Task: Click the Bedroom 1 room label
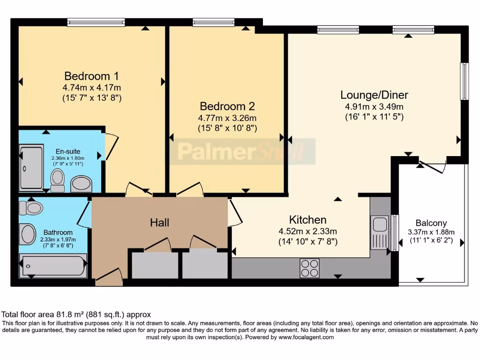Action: tap(91, 76)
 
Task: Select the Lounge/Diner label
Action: tap(374, 95)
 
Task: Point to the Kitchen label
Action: tap(307, 219)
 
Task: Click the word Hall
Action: tap(159, 223)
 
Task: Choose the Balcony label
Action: tap(431, 223)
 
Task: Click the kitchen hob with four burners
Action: tap(309, 268)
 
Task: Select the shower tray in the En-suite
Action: tap(31, 168)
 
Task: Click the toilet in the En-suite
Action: tap(58, 180)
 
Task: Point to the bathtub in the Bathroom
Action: tap(52, 265)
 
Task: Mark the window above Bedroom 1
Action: tap(96, 22)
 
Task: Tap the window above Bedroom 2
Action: tap(213, 22)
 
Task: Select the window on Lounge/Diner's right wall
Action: tap(464, 82)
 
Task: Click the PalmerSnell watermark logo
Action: tap(242, 151)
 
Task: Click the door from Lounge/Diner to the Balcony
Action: tap(432, 167)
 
